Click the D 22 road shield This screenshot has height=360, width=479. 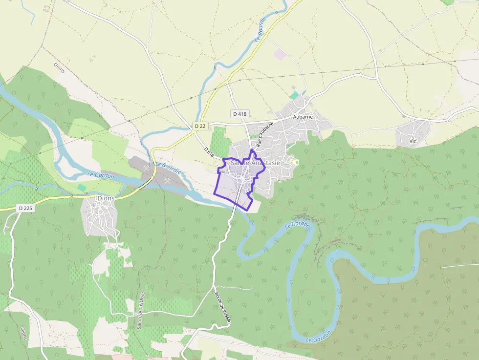coord(200,126)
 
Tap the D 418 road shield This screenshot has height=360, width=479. coord(240,114)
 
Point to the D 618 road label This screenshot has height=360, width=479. coord(209,152)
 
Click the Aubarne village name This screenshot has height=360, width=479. coord(303,117)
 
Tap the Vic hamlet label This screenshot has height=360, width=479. coord(413,141)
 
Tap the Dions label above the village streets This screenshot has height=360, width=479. coord(106,198)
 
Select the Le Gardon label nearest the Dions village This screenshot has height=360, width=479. coord(101,175)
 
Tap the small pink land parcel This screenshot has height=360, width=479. coord(280,54)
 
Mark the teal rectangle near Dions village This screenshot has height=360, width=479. coord(82,187)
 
